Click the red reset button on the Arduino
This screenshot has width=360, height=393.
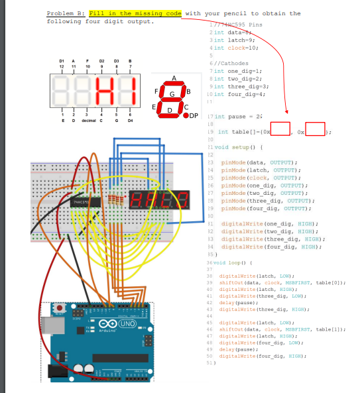60,309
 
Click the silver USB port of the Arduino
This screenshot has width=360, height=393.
50,324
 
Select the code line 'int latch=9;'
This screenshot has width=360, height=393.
227,40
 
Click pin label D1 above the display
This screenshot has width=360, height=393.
62,61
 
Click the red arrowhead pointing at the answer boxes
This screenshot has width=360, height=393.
286,111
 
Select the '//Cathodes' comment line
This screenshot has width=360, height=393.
225,64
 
